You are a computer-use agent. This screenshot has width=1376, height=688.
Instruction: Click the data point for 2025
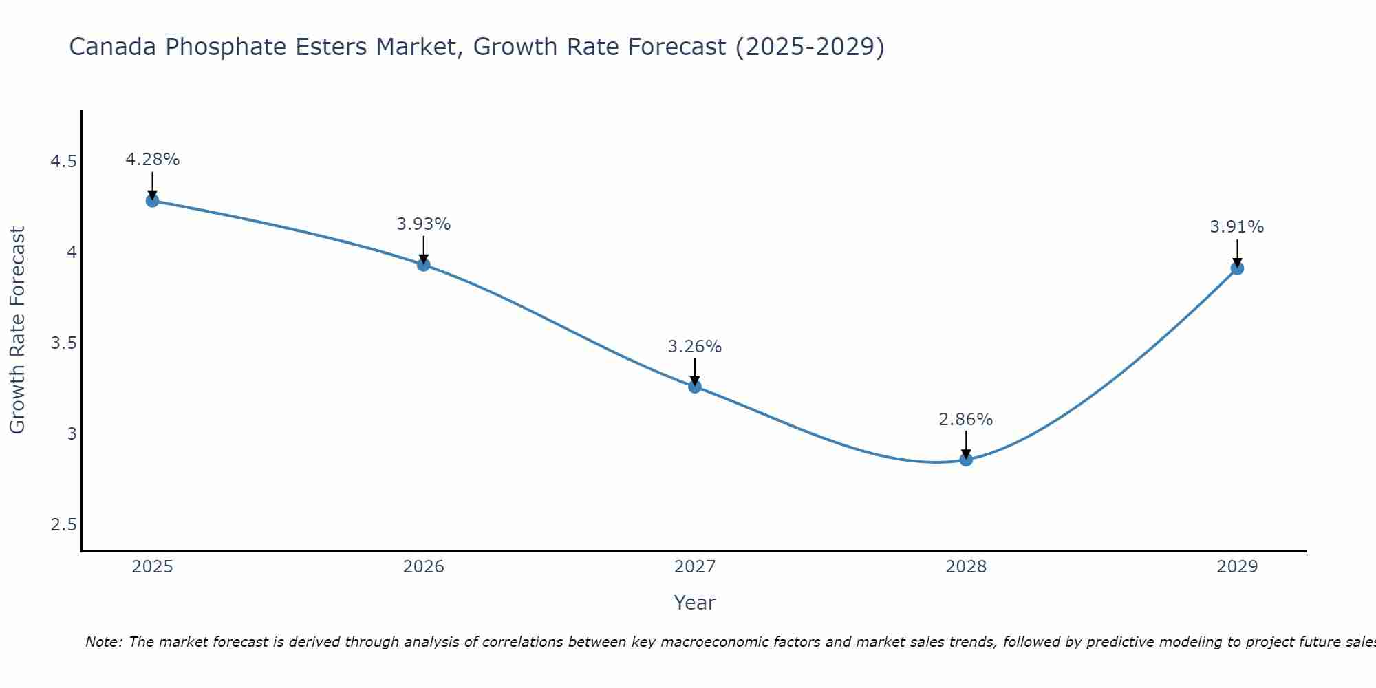point(152,201)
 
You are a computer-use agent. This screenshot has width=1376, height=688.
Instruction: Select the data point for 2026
point(423,264)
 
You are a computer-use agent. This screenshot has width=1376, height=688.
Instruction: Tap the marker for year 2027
point(695,387)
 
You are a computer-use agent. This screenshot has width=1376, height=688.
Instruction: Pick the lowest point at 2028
point(966,460)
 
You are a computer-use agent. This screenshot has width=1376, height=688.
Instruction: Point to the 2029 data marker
point(1237,268)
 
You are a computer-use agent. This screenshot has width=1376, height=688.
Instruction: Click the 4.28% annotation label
point(152,160)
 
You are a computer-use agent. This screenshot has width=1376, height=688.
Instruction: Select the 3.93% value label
point(423,224)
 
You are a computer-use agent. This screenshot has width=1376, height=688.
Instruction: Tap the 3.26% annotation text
point(695,347)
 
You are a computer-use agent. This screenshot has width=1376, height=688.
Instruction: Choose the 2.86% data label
point(966,420)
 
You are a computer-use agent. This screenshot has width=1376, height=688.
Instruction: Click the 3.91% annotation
point(1237,227)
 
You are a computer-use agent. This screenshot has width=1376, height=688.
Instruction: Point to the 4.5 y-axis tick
point(63,162)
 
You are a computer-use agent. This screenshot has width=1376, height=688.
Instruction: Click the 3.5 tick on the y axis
point(63,343)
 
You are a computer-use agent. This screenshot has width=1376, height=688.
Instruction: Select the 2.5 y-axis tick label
point(63,525)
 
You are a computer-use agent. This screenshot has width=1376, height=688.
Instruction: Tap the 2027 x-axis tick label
point(695,567)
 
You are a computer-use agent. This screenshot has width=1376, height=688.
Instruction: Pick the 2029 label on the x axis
point(1237,567)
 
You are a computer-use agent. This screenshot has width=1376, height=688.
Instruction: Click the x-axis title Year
point(695,603)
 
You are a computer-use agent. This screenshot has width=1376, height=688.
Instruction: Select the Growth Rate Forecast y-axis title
point(17,330)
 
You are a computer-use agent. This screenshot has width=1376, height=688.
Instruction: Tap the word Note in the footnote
point(103,642)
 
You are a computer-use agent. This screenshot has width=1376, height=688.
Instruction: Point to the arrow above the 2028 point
point(966,443)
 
